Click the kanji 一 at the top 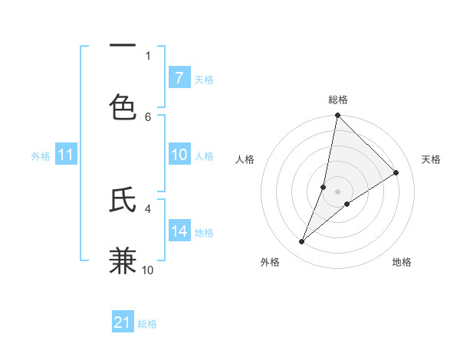coord(123,47)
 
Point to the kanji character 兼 coord(123,261)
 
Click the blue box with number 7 coord(179,78)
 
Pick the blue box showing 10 coord(179,155)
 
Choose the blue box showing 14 coord(179,231)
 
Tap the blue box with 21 coord(123,322)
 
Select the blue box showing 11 coord(66,155)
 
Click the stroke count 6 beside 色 coord(148,116)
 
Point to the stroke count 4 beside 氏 coord(148,208)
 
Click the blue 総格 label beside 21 coord(147,324)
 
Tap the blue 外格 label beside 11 coord(41,156)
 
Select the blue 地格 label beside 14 coord(204,233)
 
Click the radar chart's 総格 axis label coord(338,100)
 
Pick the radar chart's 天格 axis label coord(431,159)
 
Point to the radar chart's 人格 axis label coord(245,159)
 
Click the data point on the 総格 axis coord(337,116)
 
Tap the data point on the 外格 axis coord(302,242)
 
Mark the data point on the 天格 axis coord(396,173)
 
